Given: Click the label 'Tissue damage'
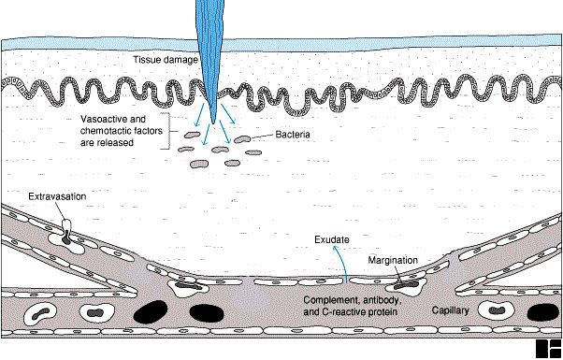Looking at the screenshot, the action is click(x=166, y=60).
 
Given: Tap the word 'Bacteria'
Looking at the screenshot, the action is click(x=293, y=135).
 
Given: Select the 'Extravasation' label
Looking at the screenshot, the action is click(x=57, y=196).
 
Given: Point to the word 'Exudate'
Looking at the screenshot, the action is click(x=332, y=239).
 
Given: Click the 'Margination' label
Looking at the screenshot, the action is click(x=393, y=260).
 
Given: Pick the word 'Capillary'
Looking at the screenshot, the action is click(x=450, y=310).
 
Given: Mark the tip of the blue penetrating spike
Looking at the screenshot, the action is click(x=213, y=123).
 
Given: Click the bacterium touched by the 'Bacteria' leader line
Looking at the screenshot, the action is click(x=243, y=139).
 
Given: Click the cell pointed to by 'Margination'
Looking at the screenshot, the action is click(x=406, y=286).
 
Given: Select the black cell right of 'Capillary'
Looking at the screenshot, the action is click(x=542, y=312).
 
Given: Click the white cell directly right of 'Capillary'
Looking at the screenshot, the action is click(x=498, y=310).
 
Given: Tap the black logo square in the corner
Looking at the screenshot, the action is click(x=548, y=349).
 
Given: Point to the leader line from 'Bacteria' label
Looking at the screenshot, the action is click(x=262, y=137).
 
